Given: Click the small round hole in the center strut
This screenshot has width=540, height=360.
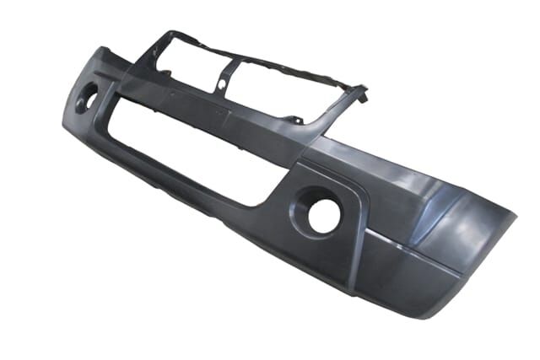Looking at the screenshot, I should pyautogui.click(x=222, y=85).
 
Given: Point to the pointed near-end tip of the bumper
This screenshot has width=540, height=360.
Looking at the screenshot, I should pyautogui.click(x=512, y=218).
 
